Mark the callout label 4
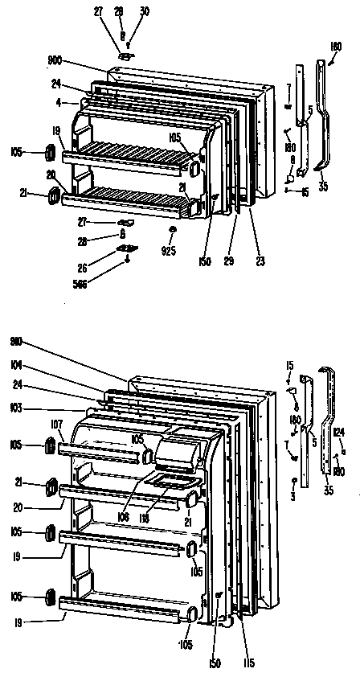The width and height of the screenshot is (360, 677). click(59, 102)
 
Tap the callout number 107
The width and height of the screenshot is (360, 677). click(56, 425)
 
